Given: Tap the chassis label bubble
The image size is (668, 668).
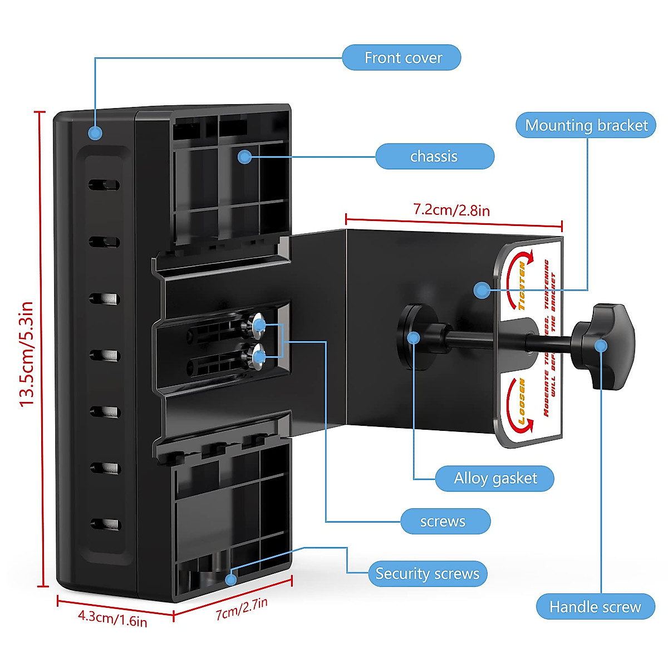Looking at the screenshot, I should [434, 156].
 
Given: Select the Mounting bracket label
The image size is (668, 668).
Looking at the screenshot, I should [586, 125].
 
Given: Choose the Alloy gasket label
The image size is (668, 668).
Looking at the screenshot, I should [495, 478].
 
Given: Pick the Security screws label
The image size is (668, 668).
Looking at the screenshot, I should [427, 574].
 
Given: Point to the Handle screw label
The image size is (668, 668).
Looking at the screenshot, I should [595, 607].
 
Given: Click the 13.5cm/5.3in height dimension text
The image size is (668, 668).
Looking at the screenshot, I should [27, 354].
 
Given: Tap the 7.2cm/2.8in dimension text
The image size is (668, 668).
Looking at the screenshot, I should [451, 210].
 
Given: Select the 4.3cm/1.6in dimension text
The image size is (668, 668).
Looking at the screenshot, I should [112, 618].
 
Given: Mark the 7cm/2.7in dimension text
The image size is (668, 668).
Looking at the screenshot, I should [242, 608].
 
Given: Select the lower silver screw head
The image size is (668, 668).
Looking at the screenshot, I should [258, 356].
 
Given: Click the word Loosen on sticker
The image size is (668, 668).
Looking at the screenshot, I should [522, 402].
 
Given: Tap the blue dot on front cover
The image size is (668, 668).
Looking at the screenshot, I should [96, 132].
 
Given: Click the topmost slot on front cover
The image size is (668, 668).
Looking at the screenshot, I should [104, 184].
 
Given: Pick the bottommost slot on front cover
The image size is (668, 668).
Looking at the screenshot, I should [105, 524].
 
